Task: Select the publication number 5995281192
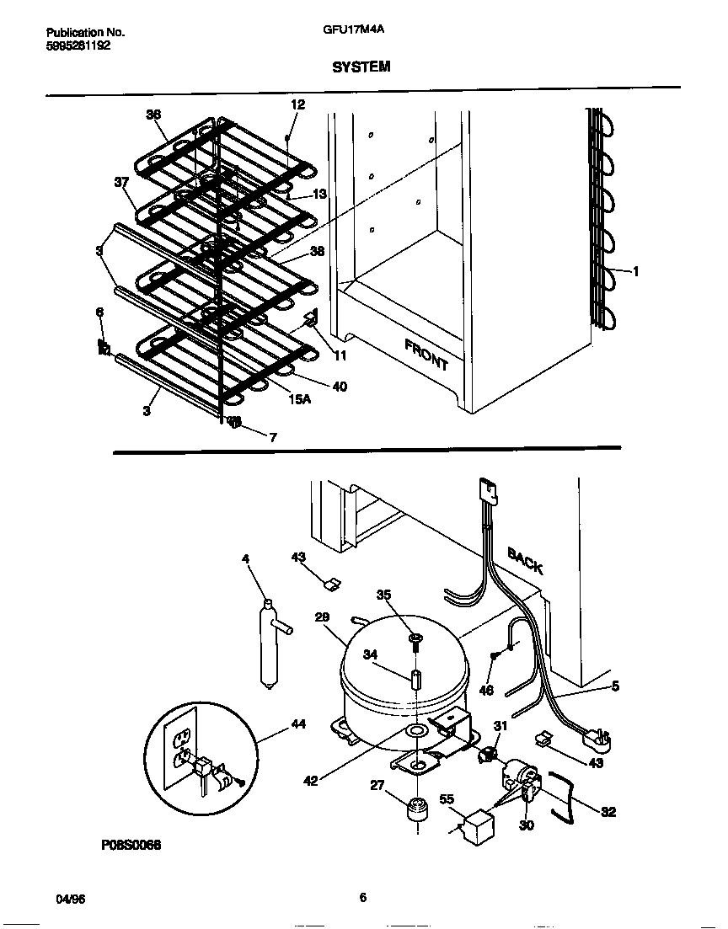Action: tap(77, 46)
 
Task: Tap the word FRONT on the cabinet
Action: tap(426, 355)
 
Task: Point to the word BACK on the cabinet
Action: tap(525, 559)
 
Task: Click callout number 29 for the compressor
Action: tap(322, 617)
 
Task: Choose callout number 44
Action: tap(297, 723)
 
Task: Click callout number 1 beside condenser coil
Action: tap(634, 271)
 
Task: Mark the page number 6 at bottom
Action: tap(362, 898)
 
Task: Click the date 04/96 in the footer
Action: tap(71, 899)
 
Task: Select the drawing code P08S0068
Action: tap(126, 843)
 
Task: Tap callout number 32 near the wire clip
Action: tap(608, 811)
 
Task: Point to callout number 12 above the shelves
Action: tap(297, 104)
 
